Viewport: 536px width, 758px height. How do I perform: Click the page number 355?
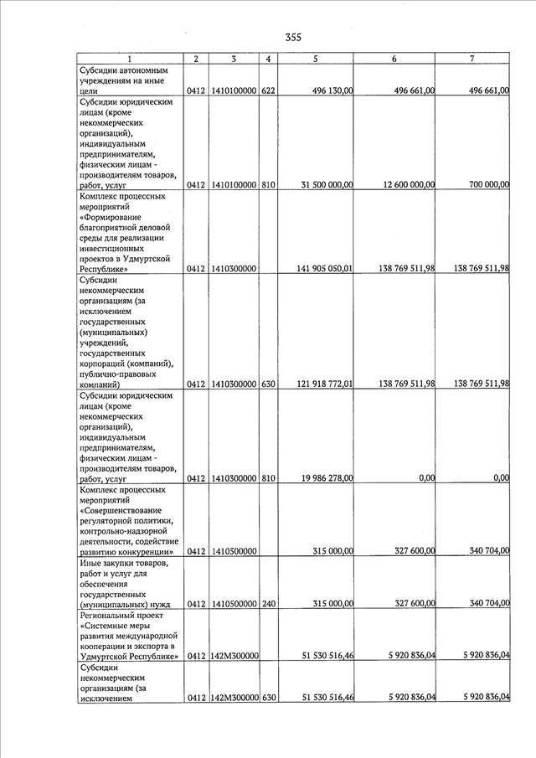[x=292, y=37]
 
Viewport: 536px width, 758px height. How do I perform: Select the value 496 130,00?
[x=327, y=90]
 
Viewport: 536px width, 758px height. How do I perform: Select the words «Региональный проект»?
[x=118, y=615]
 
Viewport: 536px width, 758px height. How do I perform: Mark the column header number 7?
[x=472, y=59]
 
